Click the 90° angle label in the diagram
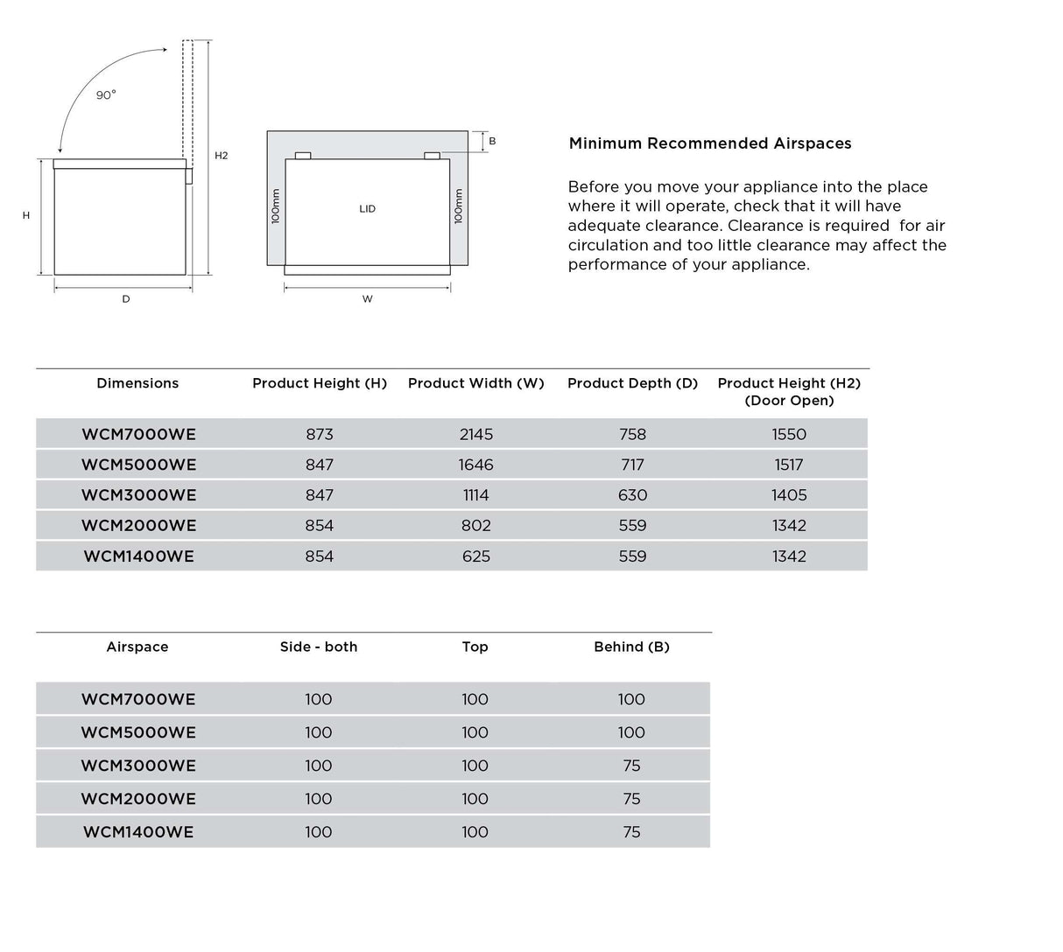click(106, 95)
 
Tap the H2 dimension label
click(222, 156)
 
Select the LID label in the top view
click(368, 209)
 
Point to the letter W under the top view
click(368, 299)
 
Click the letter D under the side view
click(126, 299)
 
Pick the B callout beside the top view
click(492, 141)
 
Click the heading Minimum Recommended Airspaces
click(710, 143)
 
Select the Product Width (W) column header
click(476, 383)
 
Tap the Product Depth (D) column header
click(632, 383)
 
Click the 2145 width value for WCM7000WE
click(476, 434)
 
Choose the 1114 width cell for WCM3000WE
click(476, 495)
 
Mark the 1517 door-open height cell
click(789, 465)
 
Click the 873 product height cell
click(320, 434)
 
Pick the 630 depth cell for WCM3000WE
click(632, 495)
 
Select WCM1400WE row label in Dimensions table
click(138, 556)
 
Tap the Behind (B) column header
click(631, 647)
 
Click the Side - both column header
click(319, 647)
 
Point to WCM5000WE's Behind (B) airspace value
click(631, 732)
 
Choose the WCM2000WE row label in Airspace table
click(138, 799)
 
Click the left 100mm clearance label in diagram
click(276, 207)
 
